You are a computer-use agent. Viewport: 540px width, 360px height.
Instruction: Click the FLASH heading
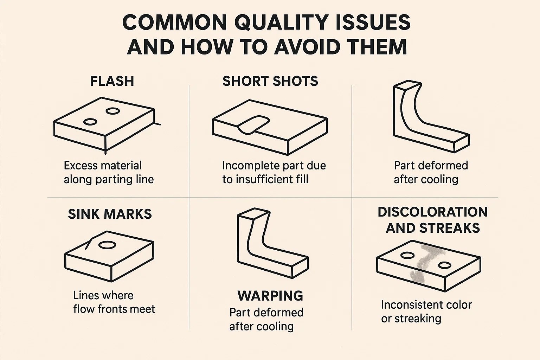click(x=112, y=81)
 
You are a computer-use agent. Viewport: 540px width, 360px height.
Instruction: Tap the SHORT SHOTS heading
click(x=270, y=81)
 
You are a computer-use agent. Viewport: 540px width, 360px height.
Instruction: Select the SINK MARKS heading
click(x=110, y=214)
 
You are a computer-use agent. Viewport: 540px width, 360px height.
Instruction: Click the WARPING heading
click(x=270, y=296)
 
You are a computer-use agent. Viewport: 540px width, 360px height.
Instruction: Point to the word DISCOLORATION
click(x=433, y=212)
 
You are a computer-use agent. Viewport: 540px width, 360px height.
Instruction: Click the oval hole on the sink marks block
click(x=107, y=245)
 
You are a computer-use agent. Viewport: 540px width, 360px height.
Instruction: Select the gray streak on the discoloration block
click(x=425, y=263)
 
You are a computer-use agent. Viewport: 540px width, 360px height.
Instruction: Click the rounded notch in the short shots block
click(x=253, y=125)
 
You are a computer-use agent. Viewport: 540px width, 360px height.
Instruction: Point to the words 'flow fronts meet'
click(x=114, y=309)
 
